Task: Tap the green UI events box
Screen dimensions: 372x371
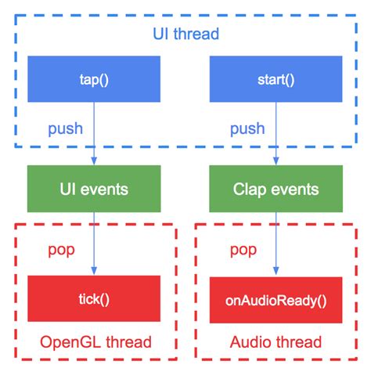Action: click(x=93, y=188)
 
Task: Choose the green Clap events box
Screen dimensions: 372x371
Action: click(x=275, y=188)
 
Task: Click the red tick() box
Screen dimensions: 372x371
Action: click(x=93, y=298)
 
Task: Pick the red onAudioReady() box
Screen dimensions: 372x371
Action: click(x=275, y=298)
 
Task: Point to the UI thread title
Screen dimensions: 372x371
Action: click(x=185, y=34)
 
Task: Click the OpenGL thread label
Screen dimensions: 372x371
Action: click(x=95, y=342)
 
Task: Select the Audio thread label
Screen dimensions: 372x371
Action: click(x=275, y=342)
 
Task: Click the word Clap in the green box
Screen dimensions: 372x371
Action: click(x=251, y=188)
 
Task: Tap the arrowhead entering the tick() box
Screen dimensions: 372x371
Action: click(x=93, y=271)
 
